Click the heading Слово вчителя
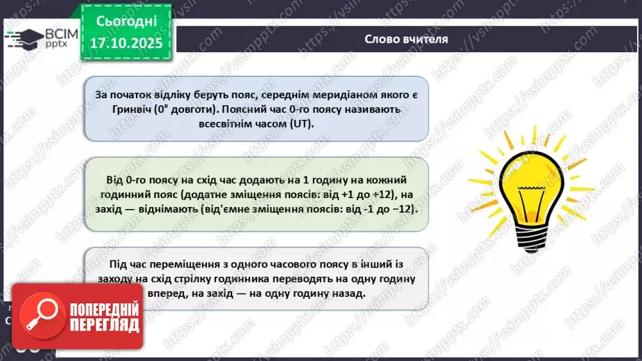click(x=406, y=38)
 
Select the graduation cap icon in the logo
click(x=23, y=38)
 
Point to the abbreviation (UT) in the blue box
click(x=301, y=123)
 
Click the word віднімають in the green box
click(x=163, y=208)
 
